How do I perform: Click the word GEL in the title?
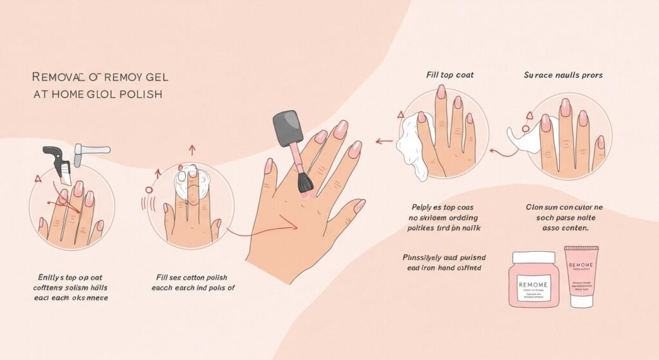click(154, 77)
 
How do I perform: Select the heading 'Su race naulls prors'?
click(564, 75)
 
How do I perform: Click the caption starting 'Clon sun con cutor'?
click(564, 217)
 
